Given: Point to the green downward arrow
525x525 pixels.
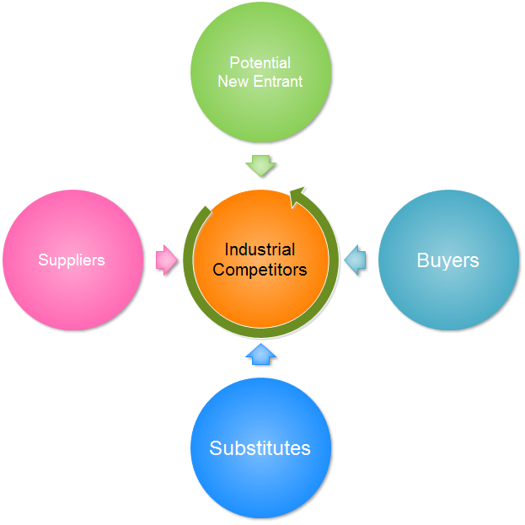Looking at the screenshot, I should tap(261, 163).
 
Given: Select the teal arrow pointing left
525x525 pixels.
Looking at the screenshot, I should tap(356, 260).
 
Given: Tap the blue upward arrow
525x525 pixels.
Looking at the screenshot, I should tap(261, 354).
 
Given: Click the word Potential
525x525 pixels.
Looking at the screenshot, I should tap(260, 63).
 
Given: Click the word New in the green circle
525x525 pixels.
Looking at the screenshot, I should tap(231, 82).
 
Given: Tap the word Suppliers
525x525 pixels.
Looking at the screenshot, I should tap(72, 260).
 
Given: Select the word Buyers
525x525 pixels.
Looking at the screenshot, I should tap(448, 260).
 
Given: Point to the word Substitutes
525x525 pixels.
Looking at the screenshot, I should tap(260, 448).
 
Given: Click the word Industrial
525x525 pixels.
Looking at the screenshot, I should tap(260, 249).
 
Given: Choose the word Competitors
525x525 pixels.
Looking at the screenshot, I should tap(260, 270).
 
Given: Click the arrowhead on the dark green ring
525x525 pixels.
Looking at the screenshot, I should tap(297, 197).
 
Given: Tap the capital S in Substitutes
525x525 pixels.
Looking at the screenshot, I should tap(216, 448).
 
